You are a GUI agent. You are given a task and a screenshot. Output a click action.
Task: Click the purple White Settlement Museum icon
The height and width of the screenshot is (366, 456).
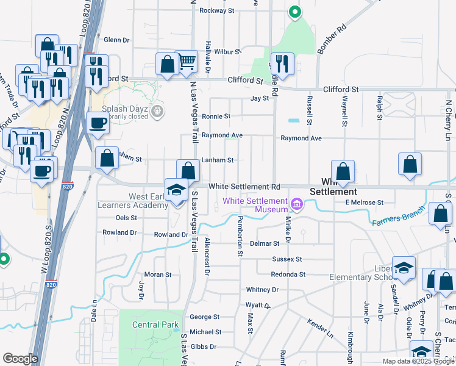point(297,203)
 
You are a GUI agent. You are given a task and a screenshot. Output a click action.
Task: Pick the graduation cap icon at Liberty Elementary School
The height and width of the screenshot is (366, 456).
point(404,267)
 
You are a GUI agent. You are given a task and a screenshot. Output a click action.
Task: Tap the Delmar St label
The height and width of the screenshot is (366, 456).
point(264,243)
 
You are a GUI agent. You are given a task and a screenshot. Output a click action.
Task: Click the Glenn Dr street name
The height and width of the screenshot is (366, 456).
point(117,40)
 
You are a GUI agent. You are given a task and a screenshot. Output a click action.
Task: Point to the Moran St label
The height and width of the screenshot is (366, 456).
point(158,274)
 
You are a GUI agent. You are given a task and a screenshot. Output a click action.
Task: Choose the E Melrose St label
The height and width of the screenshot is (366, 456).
point(364,202)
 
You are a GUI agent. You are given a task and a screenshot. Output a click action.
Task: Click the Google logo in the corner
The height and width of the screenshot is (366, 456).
point(20,359)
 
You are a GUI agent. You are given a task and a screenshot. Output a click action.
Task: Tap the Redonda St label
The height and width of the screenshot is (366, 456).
point(288,274)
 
